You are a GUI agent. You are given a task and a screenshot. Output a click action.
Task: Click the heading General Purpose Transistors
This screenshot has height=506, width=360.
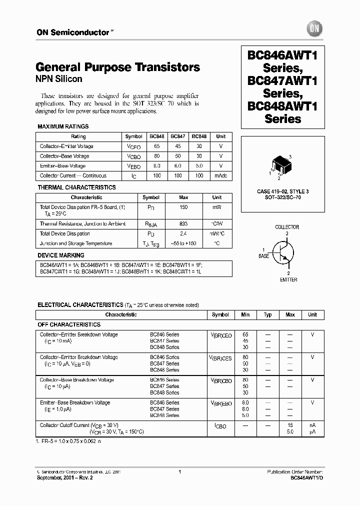(118, 67)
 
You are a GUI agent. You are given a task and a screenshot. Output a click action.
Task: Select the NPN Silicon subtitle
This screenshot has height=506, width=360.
(59, 79)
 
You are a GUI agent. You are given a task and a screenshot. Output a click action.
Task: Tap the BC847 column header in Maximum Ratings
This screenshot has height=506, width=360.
(177, 136)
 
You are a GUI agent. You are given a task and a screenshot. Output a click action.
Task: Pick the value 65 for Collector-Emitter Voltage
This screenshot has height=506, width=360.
(156, 146)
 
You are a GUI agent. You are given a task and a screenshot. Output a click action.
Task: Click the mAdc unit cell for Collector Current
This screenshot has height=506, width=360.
(220, 175)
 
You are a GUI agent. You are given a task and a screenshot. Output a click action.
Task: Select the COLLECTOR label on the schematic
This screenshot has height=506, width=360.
(287, 227)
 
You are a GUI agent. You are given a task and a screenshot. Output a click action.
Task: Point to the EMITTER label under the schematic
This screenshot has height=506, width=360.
(288, 280)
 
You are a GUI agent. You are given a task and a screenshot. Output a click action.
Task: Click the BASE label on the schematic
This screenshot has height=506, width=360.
(263, 256)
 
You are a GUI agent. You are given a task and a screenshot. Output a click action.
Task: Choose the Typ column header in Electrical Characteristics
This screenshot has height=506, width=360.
(267, 314)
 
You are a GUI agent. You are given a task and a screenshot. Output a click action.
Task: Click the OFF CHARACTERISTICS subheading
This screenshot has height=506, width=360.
(69, 324)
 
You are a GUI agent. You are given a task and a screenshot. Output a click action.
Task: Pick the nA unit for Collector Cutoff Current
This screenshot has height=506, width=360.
(312, 425)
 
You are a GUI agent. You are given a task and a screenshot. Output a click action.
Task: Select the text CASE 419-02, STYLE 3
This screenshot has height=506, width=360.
(283, 192)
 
